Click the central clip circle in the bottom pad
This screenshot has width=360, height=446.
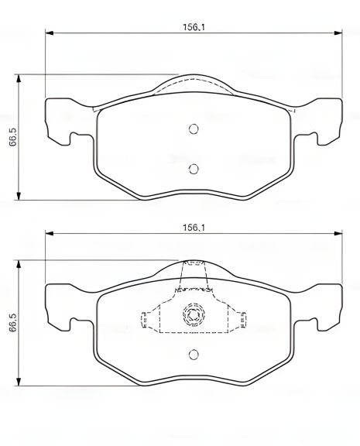[x=194, y=314]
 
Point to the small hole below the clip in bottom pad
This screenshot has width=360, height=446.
[x=194, y=355]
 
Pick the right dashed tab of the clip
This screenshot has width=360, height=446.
[x=242, y=317]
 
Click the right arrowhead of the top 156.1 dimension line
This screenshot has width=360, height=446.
[x=338, y=33]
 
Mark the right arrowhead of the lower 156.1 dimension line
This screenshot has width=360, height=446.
[x=338, y=235]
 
